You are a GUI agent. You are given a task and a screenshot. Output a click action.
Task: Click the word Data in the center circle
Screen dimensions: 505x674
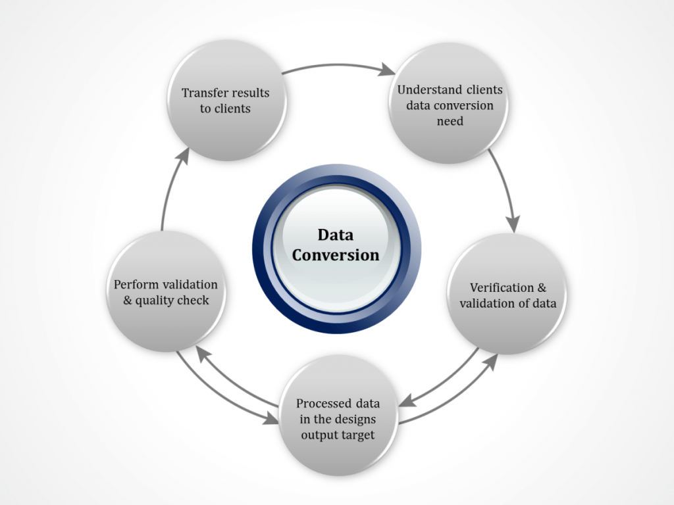pos(336,235)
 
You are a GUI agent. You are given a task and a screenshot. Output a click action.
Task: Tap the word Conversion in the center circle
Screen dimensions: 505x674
pos(336,255)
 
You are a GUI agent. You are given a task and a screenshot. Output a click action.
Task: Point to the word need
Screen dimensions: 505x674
pos(450,121)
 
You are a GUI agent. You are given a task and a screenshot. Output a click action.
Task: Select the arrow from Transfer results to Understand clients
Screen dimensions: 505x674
pos(336,65)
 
